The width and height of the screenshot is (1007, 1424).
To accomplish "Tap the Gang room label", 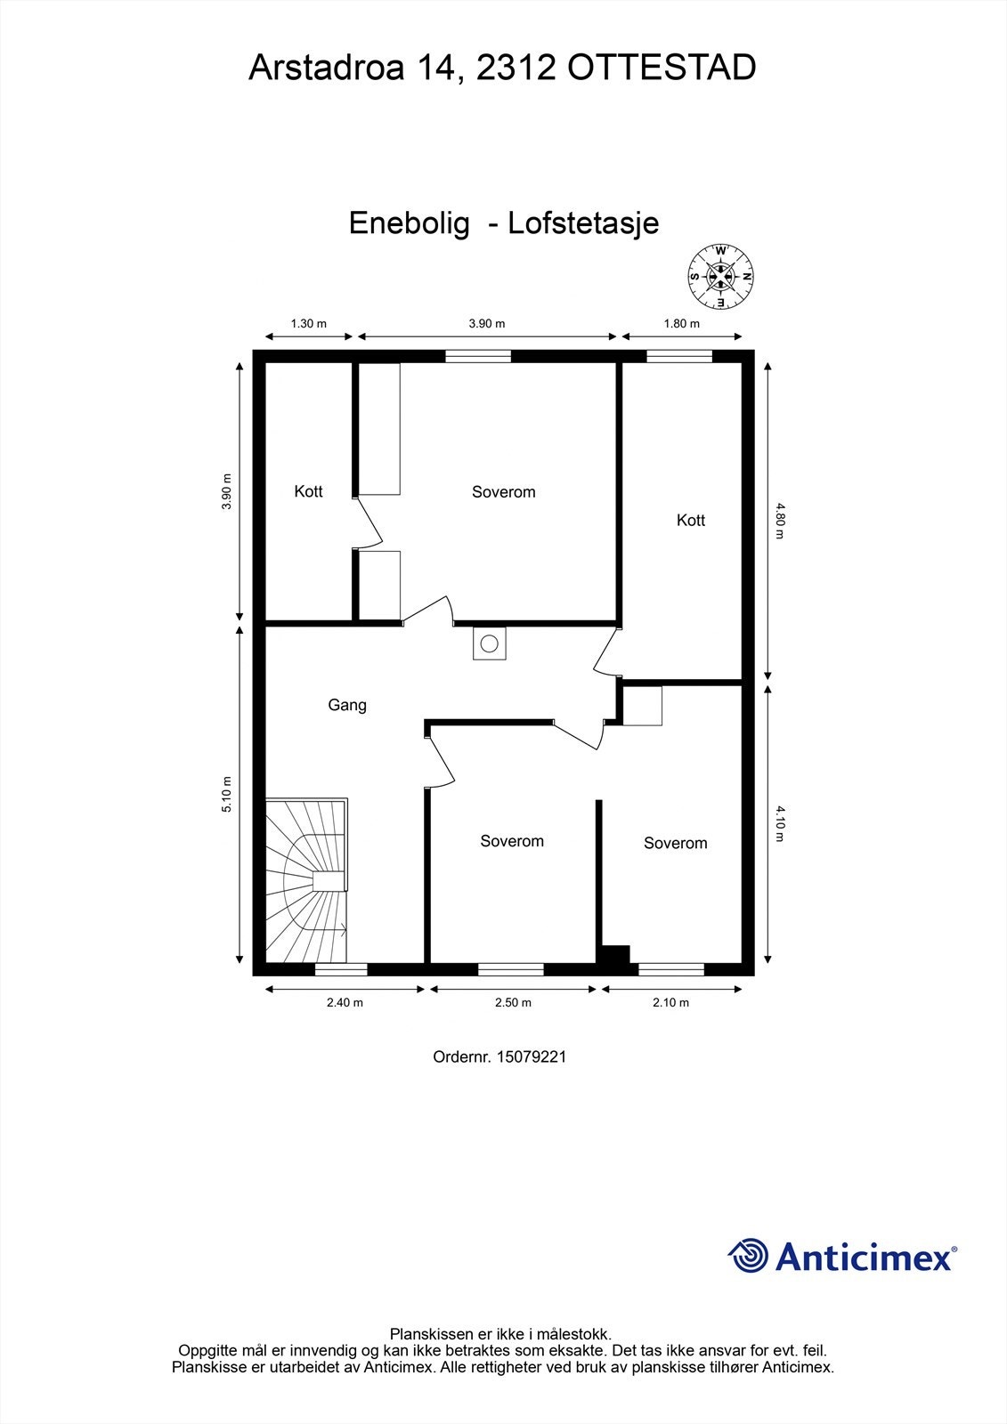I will pyautogui.click(x=347, y=705).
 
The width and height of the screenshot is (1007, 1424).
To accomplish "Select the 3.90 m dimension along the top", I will pyautogui.click(x=487, y=324).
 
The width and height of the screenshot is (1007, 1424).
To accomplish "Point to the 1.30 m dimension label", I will pyautogui.click(x=309, y=324).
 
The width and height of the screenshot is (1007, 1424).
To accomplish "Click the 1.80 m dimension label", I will pyautogui.click(x=682, y=324).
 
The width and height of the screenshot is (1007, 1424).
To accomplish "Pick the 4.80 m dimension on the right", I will pyautogui.click(x=780, y=522).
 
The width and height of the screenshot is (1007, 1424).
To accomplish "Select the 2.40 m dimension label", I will pyautogui.click(x=345, y=1002).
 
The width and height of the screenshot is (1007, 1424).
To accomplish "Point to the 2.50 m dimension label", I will pyautogui.click(x=513, y=1002).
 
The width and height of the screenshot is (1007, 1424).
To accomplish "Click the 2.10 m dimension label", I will pyautogui.click(x=670, y=1002).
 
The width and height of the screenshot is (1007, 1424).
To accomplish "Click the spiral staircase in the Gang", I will pyautogui.click(x=307, y=881).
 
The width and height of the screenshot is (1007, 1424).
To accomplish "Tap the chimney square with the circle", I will pyautogui.click(x=489, y=643).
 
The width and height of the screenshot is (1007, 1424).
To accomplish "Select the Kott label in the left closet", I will pyautogui.click(x=308, y=491).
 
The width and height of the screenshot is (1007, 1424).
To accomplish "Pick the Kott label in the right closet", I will pyautogui.click(x=691, y=521).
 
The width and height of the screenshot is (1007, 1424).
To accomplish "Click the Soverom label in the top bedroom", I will pyautogui.click(x=504, y=492).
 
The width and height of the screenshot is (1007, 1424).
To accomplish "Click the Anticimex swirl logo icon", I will pyautogui.click(x=748, y=1256).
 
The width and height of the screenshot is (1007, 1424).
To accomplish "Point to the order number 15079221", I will pyautogui.click(x=532, y=1057).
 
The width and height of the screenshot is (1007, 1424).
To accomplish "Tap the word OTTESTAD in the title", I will pyautogui.click(x=662, y=68).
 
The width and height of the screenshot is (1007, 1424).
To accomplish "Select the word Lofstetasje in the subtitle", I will pyautogui.click(x=583, y=222).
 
